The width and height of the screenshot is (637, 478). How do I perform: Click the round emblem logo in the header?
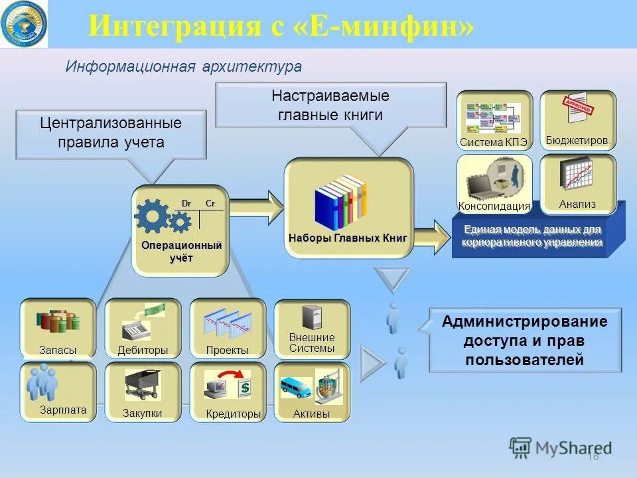(24, 24)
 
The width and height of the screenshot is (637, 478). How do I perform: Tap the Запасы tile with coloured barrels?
(58, 328)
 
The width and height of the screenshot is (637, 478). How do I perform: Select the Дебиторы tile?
(143, 328)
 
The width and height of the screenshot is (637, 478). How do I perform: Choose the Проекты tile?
(228, 328)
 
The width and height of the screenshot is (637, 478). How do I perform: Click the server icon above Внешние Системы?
(312, 317)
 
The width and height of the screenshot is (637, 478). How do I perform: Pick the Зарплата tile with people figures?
(58, 392)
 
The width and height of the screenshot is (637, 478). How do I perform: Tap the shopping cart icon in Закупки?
(142, 384)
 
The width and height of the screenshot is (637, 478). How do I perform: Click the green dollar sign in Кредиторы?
(244, 386)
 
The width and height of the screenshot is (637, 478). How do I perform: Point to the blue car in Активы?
(295, 386)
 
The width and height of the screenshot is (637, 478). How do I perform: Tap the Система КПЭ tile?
(494, 120)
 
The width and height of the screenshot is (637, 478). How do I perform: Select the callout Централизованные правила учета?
(110, 133)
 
